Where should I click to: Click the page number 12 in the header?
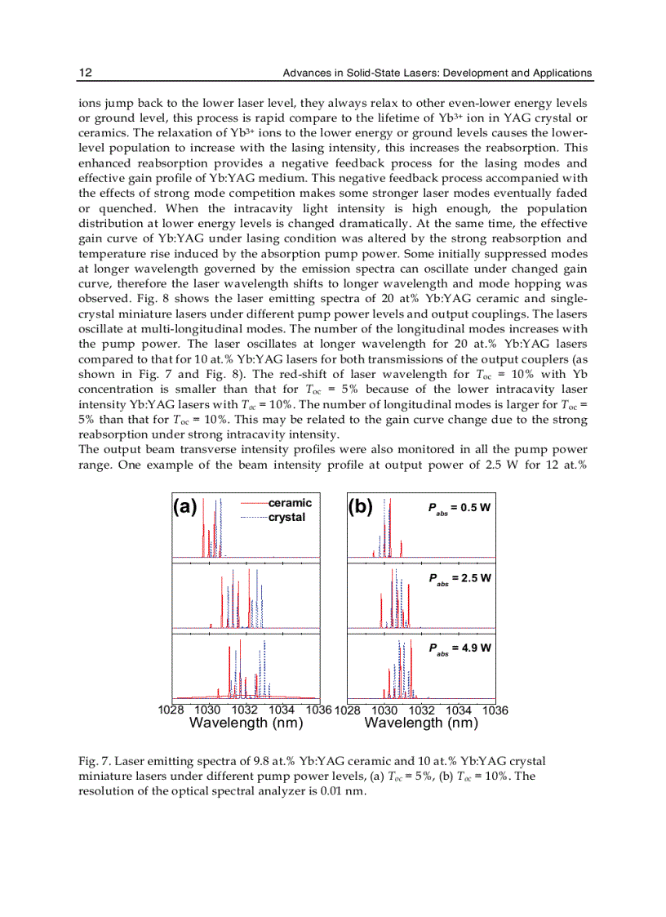tap(85, 73)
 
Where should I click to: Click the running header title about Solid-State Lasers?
tap(437, 73)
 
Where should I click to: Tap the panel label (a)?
tap(185, 507)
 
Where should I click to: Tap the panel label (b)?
tap(361, 507)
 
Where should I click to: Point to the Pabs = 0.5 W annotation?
tap(459, 508)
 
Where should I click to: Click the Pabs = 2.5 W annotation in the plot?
tap(459, 578)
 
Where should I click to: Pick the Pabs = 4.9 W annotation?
tap(459, 648)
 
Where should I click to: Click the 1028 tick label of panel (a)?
tap(171, 710)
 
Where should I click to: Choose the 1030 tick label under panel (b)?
tap(384, 710)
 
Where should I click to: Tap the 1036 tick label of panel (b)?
tap(495, 710)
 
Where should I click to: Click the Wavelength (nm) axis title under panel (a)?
tap(246, 723)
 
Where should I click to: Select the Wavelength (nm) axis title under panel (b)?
tap(421, 723)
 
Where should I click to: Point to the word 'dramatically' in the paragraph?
tap(400, 223)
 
